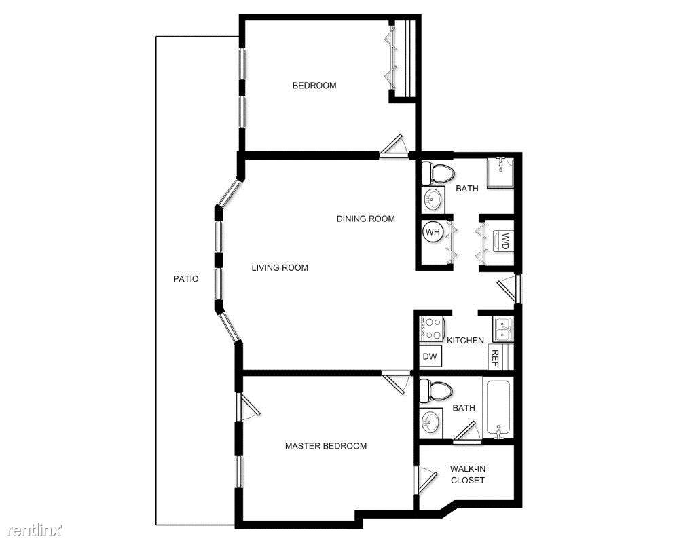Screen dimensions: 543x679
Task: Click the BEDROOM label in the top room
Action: point(314,86)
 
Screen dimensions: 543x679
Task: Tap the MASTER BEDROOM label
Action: point(326,446)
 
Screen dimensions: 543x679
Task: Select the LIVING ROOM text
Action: point(280,267)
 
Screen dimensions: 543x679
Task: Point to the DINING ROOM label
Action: point(366,219)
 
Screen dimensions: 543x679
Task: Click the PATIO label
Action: point(185,278)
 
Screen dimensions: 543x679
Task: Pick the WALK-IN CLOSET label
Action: point(468,474)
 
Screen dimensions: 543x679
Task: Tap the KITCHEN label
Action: point(465,340)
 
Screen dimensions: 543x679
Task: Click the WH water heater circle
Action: point(433,232)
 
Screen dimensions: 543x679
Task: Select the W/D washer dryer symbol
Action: point(505,240)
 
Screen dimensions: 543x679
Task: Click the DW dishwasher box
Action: point(430,356)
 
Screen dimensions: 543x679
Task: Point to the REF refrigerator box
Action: point(495,357)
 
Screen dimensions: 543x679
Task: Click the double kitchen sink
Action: point(503,329)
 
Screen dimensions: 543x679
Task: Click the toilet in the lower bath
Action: point(436,390)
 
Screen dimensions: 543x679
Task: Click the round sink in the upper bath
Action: point(432,199)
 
